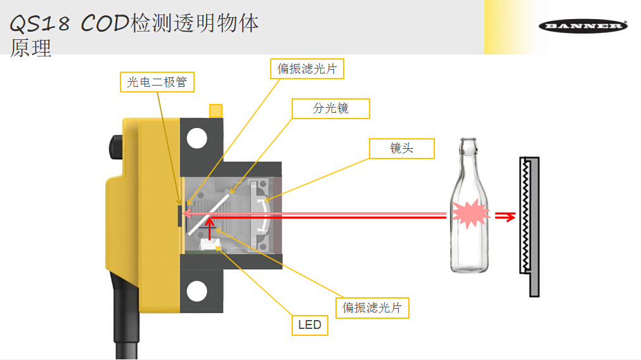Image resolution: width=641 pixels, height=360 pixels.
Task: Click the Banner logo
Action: pyautogui.click(x=583, y=26)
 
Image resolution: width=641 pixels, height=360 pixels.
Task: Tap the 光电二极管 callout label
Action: pyautogui.click(x=157, y=82)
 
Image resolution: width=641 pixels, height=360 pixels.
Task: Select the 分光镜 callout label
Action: pyautogui.click(x=330, y=108)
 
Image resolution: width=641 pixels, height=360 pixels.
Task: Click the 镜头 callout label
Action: pyautogui.click(x=402, y=148)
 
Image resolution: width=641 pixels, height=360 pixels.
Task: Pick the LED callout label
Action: pyautogui.click(x=310, y=325)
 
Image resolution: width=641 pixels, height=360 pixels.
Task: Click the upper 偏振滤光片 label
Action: pyautogui.click(x=307, y=68)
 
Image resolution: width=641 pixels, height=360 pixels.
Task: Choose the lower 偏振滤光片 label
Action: pyautogui.click(x=372, y=307)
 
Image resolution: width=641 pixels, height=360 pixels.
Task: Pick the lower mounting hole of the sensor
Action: pyautogui.click(x=197, y=290)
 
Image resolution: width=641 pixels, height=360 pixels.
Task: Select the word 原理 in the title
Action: pyautogui.click(x=30, y=48)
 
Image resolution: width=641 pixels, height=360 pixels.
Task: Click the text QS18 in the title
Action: pyautogui.click(x=39, y=23)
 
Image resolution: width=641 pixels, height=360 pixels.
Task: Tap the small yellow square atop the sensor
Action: pyautogui.click(x=216, y=111)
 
